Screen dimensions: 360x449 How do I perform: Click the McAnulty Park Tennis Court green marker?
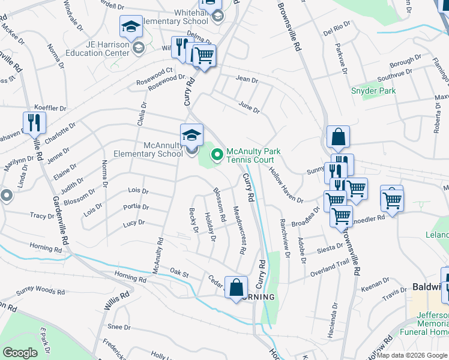[x=216, y=155]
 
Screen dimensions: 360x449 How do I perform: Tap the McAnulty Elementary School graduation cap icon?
[x=191, y=134]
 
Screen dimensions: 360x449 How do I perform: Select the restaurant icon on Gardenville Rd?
[x=33, y=122]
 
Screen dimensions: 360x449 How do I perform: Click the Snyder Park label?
[x=373, y=91]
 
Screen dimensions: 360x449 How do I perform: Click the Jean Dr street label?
[x=247, y=79]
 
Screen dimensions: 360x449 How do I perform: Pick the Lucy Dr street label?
[x=133, y=223]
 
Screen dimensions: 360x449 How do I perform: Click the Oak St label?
[x=179, y=274]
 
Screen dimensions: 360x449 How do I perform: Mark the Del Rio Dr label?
[x=336, y=30]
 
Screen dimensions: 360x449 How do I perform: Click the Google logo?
[x=20, y=353]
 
